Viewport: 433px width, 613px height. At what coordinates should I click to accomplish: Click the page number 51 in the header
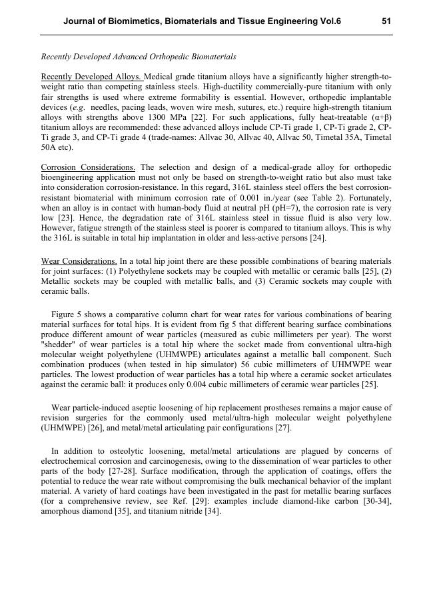tap(386, 21)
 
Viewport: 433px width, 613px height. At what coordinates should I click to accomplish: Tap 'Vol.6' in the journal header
tap(330, 21)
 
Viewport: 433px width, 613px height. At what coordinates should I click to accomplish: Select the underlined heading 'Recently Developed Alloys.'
tap(92, 77)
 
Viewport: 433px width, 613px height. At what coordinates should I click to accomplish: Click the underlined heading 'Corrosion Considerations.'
tap(88, 167)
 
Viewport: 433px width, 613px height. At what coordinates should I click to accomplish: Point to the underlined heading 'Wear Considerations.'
tap(79, 261)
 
